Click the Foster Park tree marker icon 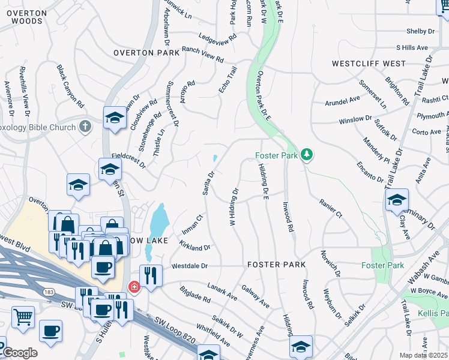[307, 155]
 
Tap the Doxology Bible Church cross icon [85, 127]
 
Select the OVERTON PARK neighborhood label [146, 53]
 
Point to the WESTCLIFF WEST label [369, 64]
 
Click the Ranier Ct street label [330, 209]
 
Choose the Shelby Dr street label [420, 31]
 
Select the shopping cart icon [23, 316]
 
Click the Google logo [19, 353]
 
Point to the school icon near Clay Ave [397, 200]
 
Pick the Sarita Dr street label [211, 182]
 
